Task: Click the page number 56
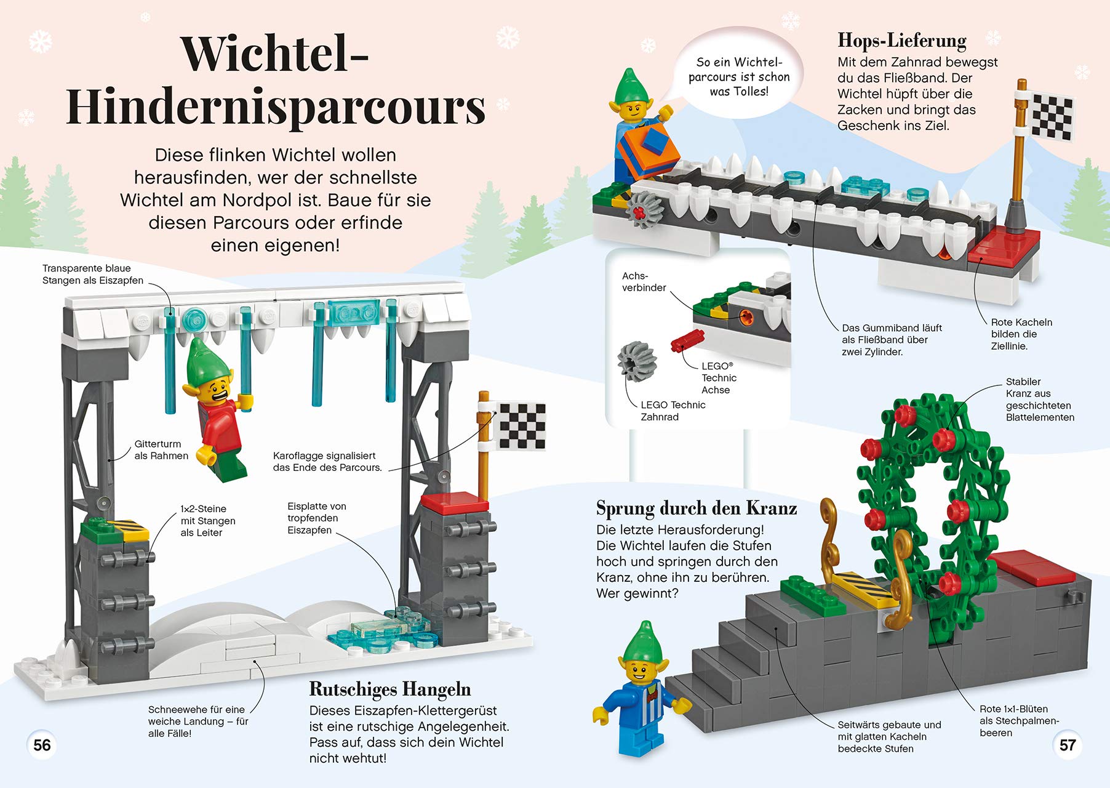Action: coord(42,745)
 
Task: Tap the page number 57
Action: coord(1068,745)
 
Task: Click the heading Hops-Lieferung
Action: coord(902,41)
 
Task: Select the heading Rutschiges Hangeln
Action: coord(389,689)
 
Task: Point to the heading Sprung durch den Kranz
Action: coord(697,509)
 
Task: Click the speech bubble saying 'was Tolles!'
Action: coord(739,77)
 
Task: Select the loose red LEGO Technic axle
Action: coord(687,340)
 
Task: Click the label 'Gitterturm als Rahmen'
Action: coord(161,449)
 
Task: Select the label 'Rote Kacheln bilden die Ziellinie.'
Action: coord(1021,334)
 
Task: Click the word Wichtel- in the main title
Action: coord(274,54)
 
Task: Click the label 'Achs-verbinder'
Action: coord(644,281)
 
